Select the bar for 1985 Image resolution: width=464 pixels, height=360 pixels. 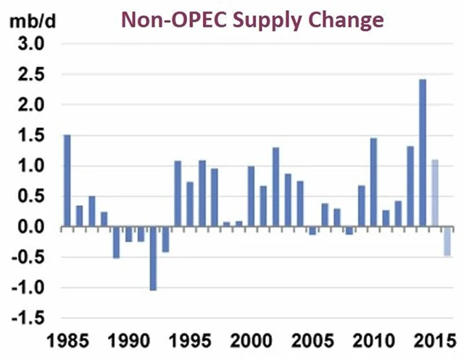(67, 181)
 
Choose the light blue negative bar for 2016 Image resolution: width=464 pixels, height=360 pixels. (447, 242)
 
